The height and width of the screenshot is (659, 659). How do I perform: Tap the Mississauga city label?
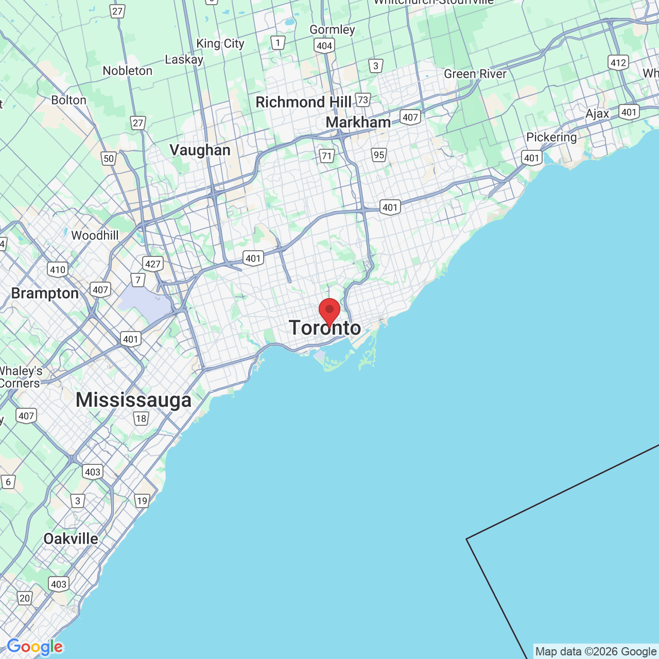point(133,400)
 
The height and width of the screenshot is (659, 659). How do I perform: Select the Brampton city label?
point(45,293)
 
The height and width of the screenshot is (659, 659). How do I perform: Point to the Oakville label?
point(71,539)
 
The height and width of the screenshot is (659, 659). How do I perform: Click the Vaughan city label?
point(200,150)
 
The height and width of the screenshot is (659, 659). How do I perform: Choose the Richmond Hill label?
point(303,102)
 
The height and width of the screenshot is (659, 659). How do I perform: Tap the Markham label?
point(358,123)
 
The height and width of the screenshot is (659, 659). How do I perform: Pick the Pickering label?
point(551,137)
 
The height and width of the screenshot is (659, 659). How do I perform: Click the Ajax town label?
point(597,114)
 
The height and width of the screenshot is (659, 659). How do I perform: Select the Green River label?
point(475,74)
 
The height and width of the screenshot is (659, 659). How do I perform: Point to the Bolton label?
point(68,100)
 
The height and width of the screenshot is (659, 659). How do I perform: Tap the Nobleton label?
point(127,71)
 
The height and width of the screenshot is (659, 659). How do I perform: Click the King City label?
point(220,44)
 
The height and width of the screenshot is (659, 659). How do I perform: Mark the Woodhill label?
point(95,236)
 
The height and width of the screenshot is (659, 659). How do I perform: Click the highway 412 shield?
point(618,63)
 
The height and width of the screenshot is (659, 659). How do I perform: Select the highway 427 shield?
point(153,264)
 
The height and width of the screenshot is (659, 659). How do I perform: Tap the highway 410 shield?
point(57,269)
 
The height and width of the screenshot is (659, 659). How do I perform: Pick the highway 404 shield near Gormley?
point(324,46)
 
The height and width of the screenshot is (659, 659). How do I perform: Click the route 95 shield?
point(379,155)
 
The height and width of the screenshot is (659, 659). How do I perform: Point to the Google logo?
point(34,647)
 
